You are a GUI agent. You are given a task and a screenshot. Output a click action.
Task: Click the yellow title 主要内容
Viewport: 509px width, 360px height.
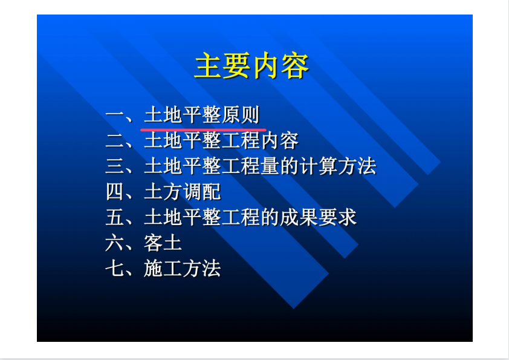point(251,65)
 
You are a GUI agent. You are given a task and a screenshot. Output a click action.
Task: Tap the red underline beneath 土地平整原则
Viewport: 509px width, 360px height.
point(203,129)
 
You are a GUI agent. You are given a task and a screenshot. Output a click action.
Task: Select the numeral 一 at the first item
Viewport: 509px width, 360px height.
point(115,115)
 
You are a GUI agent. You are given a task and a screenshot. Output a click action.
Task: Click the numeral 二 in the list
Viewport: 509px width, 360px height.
point(115,140)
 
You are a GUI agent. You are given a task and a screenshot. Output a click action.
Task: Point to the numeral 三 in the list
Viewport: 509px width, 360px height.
point(115,166)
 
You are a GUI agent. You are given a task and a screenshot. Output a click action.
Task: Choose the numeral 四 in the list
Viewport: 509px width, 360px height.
point(115,191)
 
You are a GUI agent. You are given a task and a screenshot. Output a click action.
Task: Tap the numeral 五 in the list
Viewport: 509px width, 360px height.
point(115,217)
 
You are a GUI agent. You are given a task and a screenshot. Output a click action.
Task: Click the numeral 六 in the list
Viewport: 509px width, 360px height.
point(115,243)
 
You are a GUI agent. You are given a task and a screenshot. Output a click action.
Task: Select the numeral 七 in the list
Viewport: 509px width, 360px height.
point(115,269)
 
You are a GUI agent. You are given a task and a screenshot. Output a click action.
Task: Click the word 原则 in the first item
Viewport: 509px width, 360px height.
point(241,115)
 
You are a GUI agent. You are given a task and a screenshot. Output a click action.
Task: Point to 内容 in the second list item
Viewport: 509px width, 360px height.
point(279,140)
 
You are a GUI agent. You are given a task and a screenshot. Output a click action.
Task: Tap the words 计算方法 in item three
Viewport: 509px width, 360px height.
point(338,166)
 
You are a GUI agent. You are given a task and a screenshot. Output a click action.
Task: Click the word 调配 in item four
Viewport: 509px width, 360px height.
point(202,191)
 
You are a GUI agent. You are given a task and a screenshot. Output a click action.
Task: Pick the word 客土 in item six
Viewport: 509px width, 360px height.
point(163,243)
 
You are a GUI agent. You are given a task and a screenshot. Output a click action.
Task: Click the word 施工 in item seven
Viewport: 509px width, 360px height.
point(163,269)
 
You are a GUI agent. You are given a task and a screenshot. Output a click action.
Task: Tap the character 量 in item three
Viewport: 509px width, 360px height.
point(270,166)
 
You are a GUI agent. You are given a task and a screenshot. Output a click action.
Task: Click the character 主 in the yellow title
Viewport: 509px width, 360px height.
point(209,65)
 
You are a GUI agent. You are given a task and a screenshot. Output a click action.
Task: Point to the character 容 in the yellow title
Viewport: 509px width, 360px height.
point(295,65)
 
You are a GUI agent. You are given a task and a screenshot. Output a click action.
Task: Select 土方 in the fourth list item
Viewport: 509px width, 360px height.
point(163,191)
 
